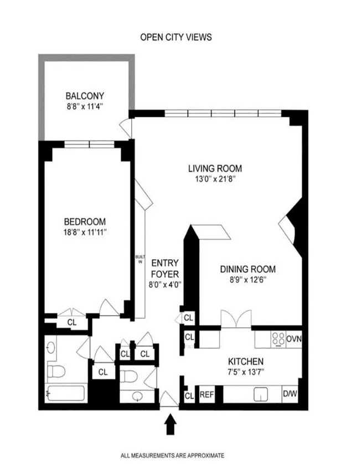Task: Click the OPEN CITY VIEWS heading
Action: (176, 37)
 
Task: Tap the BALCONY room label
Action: (85, 96)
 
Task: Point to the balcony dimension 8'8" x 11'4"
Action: (85, 106)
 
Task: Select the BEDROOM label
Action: (85, 221)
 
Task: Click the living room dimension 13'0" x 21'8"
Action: (215, 179)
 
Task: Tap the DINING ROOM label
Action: (248, 269)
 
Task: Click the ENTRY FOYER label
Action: (165, 269)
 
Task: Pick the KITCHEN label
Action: (246, 362)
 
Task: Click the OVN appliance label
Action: (294, 338)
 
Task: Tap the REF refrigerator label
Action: (207, 395)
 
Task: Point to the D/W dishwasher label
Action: (290, 394)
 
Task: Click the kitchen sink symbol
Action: (261, 394)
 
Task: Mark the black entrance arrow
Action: (171, 424)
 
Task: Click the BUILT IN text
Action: (140, 259)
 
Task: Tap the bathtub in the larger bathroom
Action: (66, 393)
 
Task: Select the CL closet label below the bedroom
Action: (72, 322)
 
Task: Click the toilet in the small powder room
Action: (130, 377)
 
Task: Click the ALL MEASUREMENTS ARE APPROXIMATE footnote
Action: (172, 456)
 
